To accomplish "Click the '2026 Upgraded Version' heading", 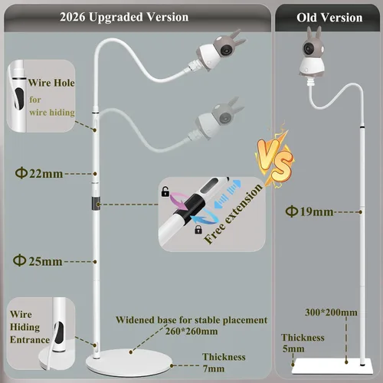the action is click(124, 18).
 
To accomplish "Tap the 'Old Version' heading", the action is click(329, 18).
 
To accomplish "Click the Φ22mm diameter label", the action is click(39, 174).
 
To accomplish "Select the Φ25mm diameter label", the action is click(38, 261).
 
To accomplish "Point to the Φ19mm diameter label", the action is click(309, 211).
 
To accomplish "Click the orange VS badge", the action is click(275, 159).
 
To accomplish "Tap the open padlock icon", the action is click(165, 191).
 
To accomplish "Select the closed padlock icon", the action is click(198, 229).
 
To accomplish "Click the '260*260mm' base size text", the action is click(191, 332).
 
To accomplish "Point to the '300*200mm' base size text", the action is click(331, 313).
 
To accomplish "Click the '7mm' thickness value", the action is click(214, 368).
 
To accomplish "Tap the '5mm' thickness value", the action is click(293, 349).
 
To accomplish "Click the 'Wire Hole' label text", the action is click(51, 83).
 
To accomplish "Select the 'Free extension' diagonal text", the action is click(233, 214).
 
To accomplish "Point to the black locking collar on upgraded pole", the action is click(96, 203).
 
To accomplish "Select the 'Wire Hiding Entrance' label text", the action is click(30, 327).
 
